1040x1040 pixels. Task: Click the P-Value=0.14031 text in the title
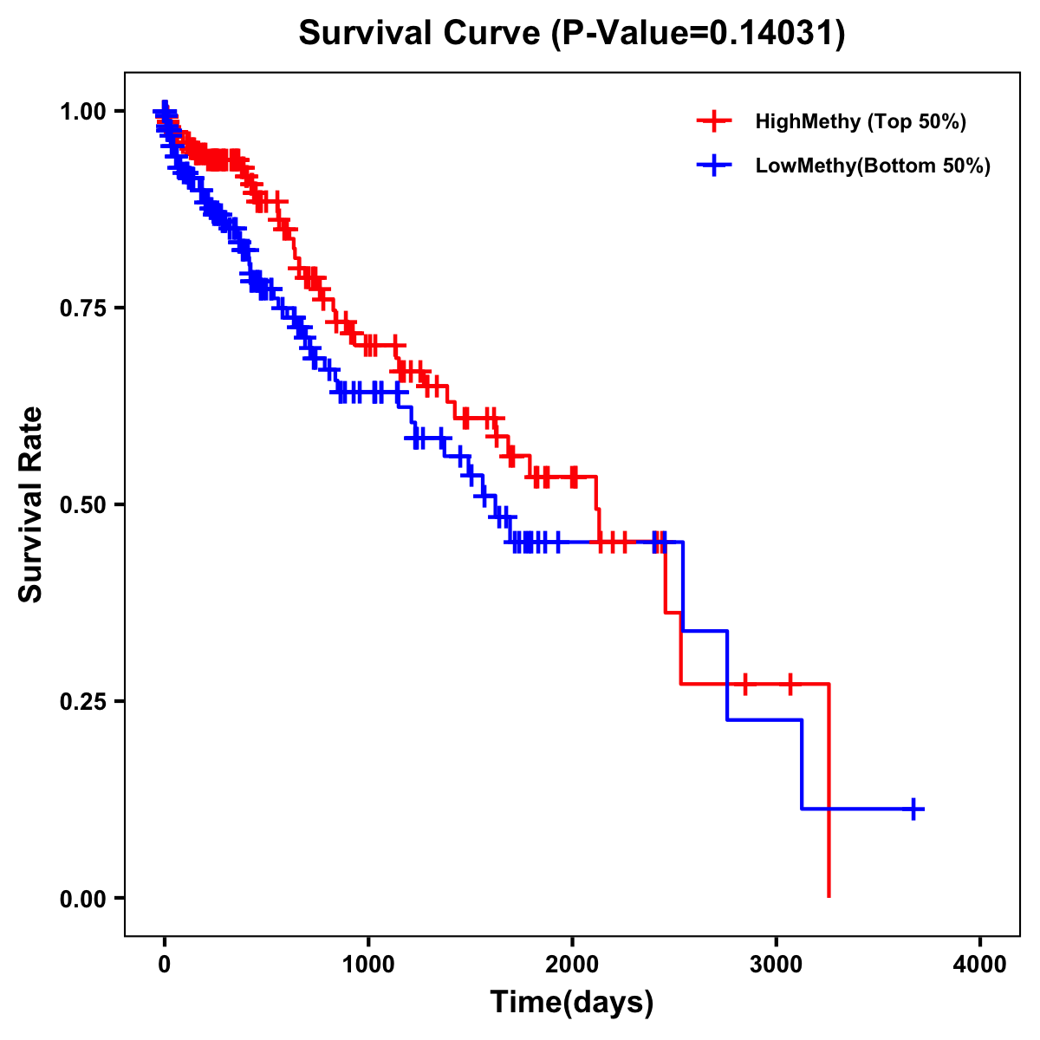pos(699,34)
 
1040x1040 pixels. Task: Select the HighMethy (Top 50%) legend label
pos(860,121)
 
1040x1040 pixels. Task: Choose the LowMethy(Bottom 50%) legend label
pos(873,166)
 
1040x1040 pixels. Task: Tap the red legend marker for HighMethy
pos(713,121)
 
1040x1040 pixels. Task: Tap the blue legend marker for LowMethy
pos(713,166)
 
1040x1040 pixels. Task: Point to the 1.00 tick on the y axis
pos(82,112)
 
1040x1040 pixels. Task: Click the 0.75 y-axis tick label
pos(82,308)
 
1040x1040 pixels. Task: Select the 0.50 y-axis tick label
pos(82,504)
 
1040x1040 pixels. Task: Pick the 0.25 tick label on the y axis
pos(82,701)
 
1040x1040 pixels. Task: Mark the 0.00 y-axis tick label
pos(82,898)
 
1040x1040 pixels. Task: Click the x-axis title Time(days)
pos(572,1003)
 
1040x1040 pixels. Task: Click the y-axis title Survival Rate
pos(31,504)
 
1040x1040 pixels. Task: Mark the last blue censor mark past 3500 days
pos(913,809)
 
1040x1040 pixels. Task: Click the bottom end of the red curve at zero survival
pos(829,895)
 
